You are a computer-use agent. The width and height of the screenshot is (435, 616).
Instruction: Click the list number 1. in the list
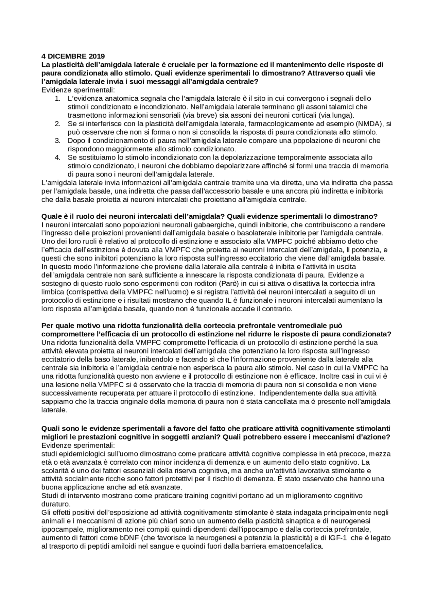(x=57, y=98)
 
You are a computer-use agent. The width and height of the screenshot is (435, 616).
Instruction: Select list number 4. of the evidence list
(x=57, y=157)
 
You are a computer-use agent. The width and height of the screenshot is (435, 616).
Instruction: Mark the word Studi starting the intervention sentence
(x=49, y=496)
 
